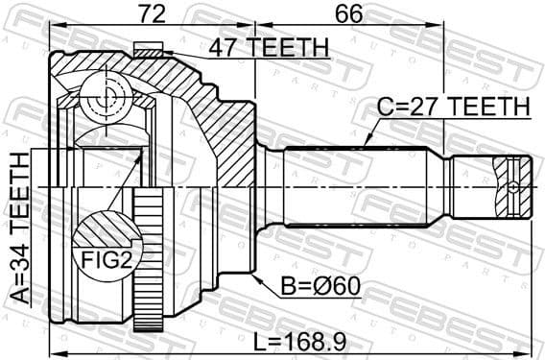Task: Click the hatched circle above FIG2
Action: (103, 230)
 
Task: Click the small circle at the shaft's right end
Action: (515, 186)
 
